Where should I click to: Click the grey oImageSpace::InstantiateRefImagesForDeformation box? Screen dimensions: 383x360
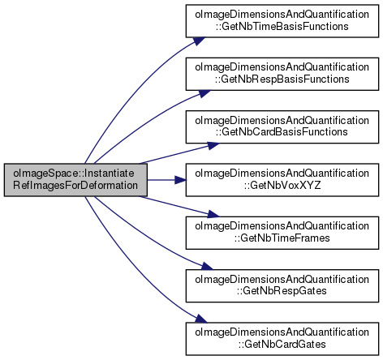pos(75,180)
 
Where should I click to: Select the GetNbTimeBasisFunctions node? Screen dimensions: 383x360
pos(282,21)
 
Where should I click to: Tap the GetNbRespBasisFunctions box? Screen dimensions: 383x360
pos(282,74)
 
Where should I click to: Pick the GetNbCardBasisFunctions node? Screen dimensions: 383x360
pos(282,126)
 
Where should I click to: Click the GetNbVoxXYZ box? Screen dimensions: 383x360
pos(282,180)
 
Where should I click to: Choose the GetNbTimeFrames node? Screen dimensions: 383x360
pos(282,233)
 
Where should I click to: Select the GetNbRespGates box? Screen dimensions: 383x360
pos(282,285)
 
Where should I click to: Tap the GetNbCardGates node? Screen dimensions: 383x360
pos(282,339)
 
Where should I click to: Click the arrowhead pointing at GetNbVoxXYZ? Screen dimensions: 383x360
pos(180,180)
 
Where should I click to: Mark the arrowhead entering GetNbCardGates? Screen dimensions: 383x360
pos(200,319)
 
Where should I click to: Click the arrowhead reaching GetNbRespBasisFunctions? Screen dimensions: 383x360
pos(204,93)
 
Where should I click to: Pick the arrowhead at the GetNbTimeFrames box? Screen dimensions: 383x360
pos(213,215)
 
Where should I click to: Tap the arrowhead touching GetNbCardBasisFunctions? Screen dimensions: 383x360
pos(213,145)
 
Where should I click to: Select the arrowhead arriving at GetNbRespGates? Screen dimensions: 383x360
pos(207,266)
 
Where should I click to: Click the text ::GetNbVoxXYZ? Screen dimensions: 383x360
pos(282,186)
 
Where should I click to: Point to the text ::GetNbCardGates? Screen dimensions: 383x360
pos(282,345)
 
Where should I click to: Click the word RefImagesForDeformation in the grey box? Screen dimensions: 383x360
pos(75,186)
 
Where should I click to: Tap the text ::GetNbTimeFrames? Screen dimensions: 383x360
pos(282,238)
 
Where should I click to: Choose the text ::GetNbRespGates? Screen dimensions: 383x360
pos(282,291)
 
